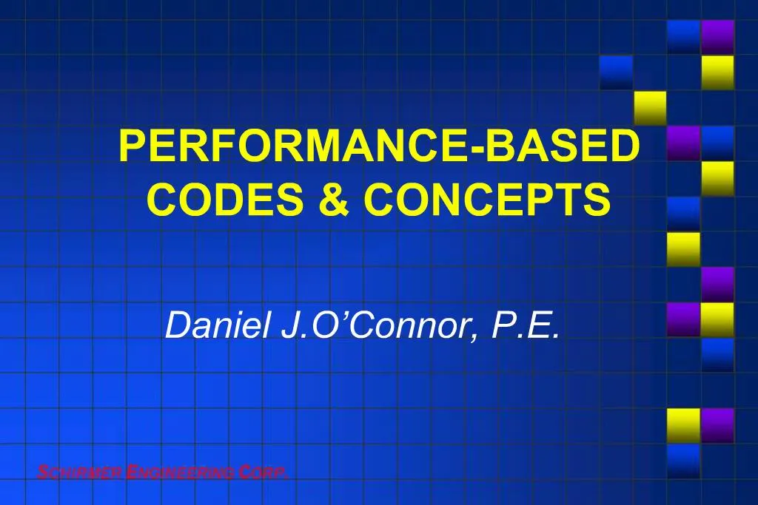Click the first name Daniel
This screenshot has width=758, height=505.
(219, 325)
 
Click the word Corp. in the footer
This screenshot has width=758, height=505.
(264, 472)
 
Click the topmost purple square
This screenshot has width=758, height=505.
(717, 36)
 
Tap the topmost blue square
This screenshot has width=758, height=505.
(683, 36)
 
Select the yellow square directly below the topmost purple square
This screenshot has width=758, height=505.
(717, 72)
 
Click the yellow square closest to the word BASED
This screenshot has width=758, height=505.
(650, 107)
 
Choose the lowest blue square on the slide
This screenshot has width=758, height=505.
(683, 460)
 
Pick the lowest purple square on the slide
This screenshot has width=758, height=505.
(717, 425)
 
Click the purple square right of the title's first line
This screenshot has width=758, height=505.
(683, 143)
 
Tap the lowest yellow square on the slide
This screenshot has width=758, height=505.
(683, 425)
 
